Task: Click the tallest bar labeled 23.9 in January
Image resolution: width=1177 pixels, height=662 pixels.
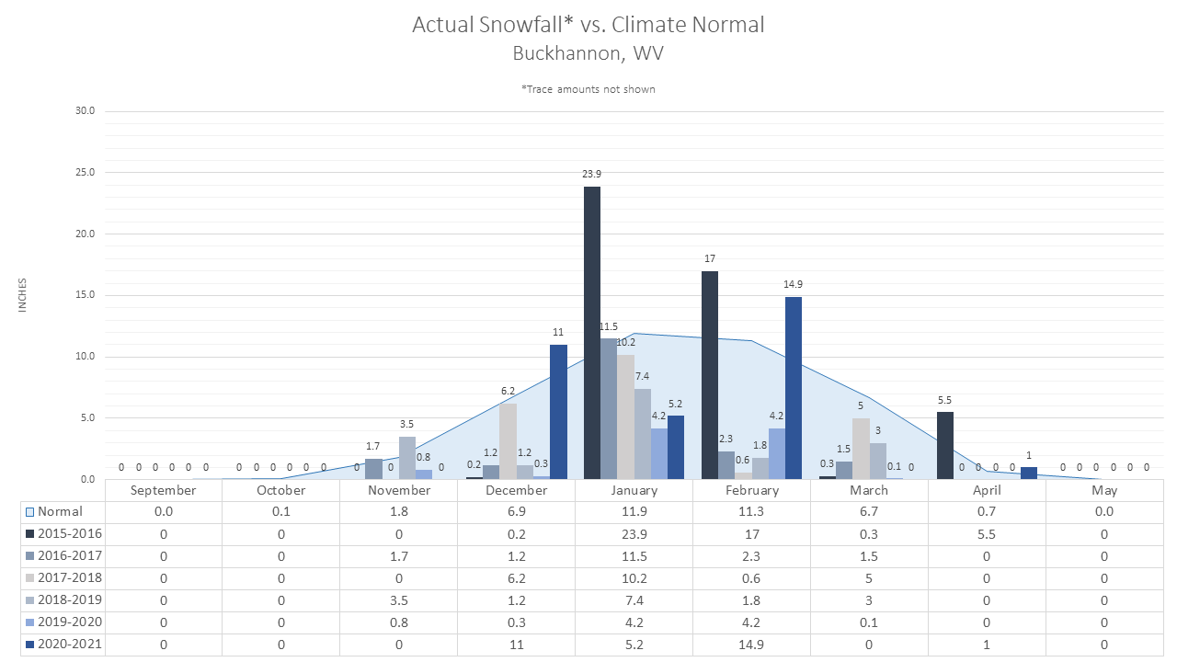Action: [x=591, y=333]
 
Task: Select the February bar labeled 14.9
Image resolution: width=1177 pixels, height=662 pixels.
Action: [x=794, y=388]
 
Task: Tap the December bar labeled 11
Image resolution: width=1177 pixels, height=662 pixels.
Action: [x=558, y=412]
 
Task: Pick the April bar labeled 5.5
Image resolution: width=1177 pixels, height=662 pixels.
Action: [x=944, y=446]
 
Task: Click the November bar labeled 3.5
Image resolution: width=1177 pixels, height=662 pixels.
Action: [x=407, y=458]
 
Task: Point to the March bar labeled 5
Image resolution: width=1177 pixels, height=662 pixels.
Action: [x=861, y=449]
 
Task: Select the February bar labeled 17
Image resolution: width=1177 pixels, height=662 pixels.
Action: [x=709, y=375]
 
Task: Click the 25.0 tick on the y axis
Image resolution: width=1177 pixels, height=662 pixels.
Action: [x=86, y=172]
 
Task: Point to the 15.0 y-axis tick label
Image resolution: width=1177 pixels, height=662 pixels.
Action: [x=86, y=295]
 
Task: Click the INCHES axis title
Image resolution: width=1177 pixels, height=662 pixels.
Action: [x=22, y=295]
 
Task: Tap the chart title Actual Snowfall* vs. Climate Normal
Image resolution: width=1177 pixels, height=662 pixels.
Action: [x=588, y=25]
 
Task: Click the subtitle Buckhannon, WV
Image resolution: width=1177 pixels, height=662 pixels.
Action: [x=588, y=53]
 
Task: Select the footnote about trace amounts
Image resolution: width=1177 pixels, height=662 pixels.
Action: [x=588, y=89]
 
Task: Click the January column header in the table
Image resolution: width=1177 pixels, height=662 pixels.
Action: [x=634, y=490]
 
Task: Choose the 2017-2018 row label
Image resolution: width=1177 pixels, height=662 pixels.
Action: [x=70, y=578]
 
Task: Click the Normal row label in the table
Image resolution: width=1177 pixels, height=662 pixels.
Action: [x=60, y=512]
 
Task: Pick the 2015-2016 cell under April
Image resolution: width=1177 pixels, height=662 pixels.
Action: [x=987, y=534]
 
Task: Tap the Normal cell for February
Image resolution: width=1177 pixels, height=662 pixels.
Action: [x=751, y=512]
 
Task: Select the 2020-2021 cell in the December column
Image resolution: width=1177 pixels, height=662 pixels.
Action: [x=517, y=645]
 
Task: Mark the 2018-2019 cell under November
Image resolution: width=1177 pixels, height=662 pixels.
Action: [x=399, y=600]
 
